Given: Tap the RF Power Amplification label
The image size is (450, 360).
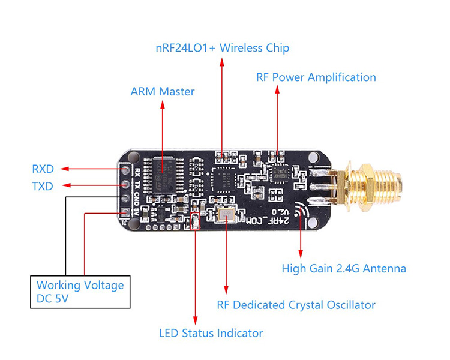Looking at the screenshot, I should (x=316, y=77).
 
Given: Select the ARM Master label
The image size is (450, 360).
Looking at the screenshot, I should (x=163, y=92).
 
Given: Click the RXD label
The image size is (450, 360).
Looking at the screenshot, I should (x=42, y=169).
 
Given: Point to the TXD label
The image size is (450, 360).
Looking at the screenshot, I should (x=42, y=187).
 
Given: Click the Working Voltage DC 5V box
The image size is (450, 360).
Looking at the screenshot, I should (x=80, y=292).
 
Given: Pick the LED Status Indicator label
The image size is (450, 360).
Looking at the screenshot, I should (x=211, y=333).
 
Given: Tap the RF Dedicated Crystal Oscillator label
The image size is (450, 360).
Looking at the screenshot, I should (x=296, y=305).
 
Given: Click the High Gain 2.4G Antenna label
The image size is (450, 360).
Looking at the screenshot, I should (x=344, y=269).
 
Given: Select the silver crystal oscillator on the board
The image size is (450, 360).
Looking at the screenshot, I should (x=226, y=215).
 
